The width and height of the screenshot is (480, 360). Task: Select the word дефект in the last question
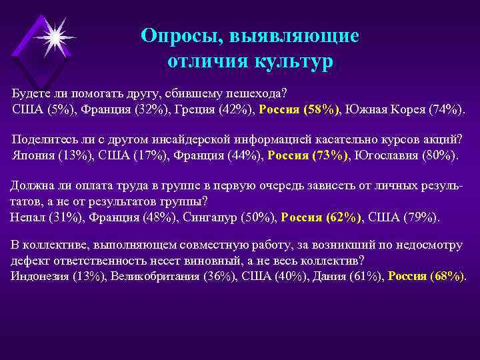[x=31, y=261]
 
